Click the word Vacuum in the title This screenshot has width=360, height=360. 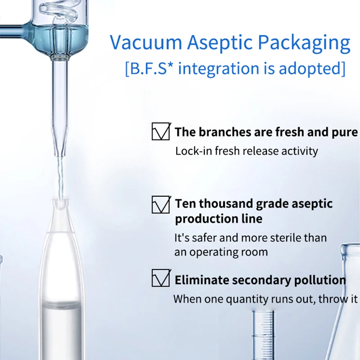pos(146,42)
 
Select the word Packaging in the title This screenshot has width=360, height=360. pos(304,44)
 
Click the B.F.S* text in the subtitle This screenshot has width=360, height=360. pos(149,68)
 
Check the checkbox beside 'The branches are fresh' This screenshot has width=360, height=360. pos(161,131)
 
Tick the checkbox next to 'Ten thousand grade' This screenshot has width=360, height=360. pos(161,205)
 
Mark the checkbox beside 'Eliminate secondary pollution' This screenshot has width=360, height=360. pos(161,278)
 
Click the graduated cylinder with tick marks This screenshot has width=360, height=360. pos(263,335)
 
